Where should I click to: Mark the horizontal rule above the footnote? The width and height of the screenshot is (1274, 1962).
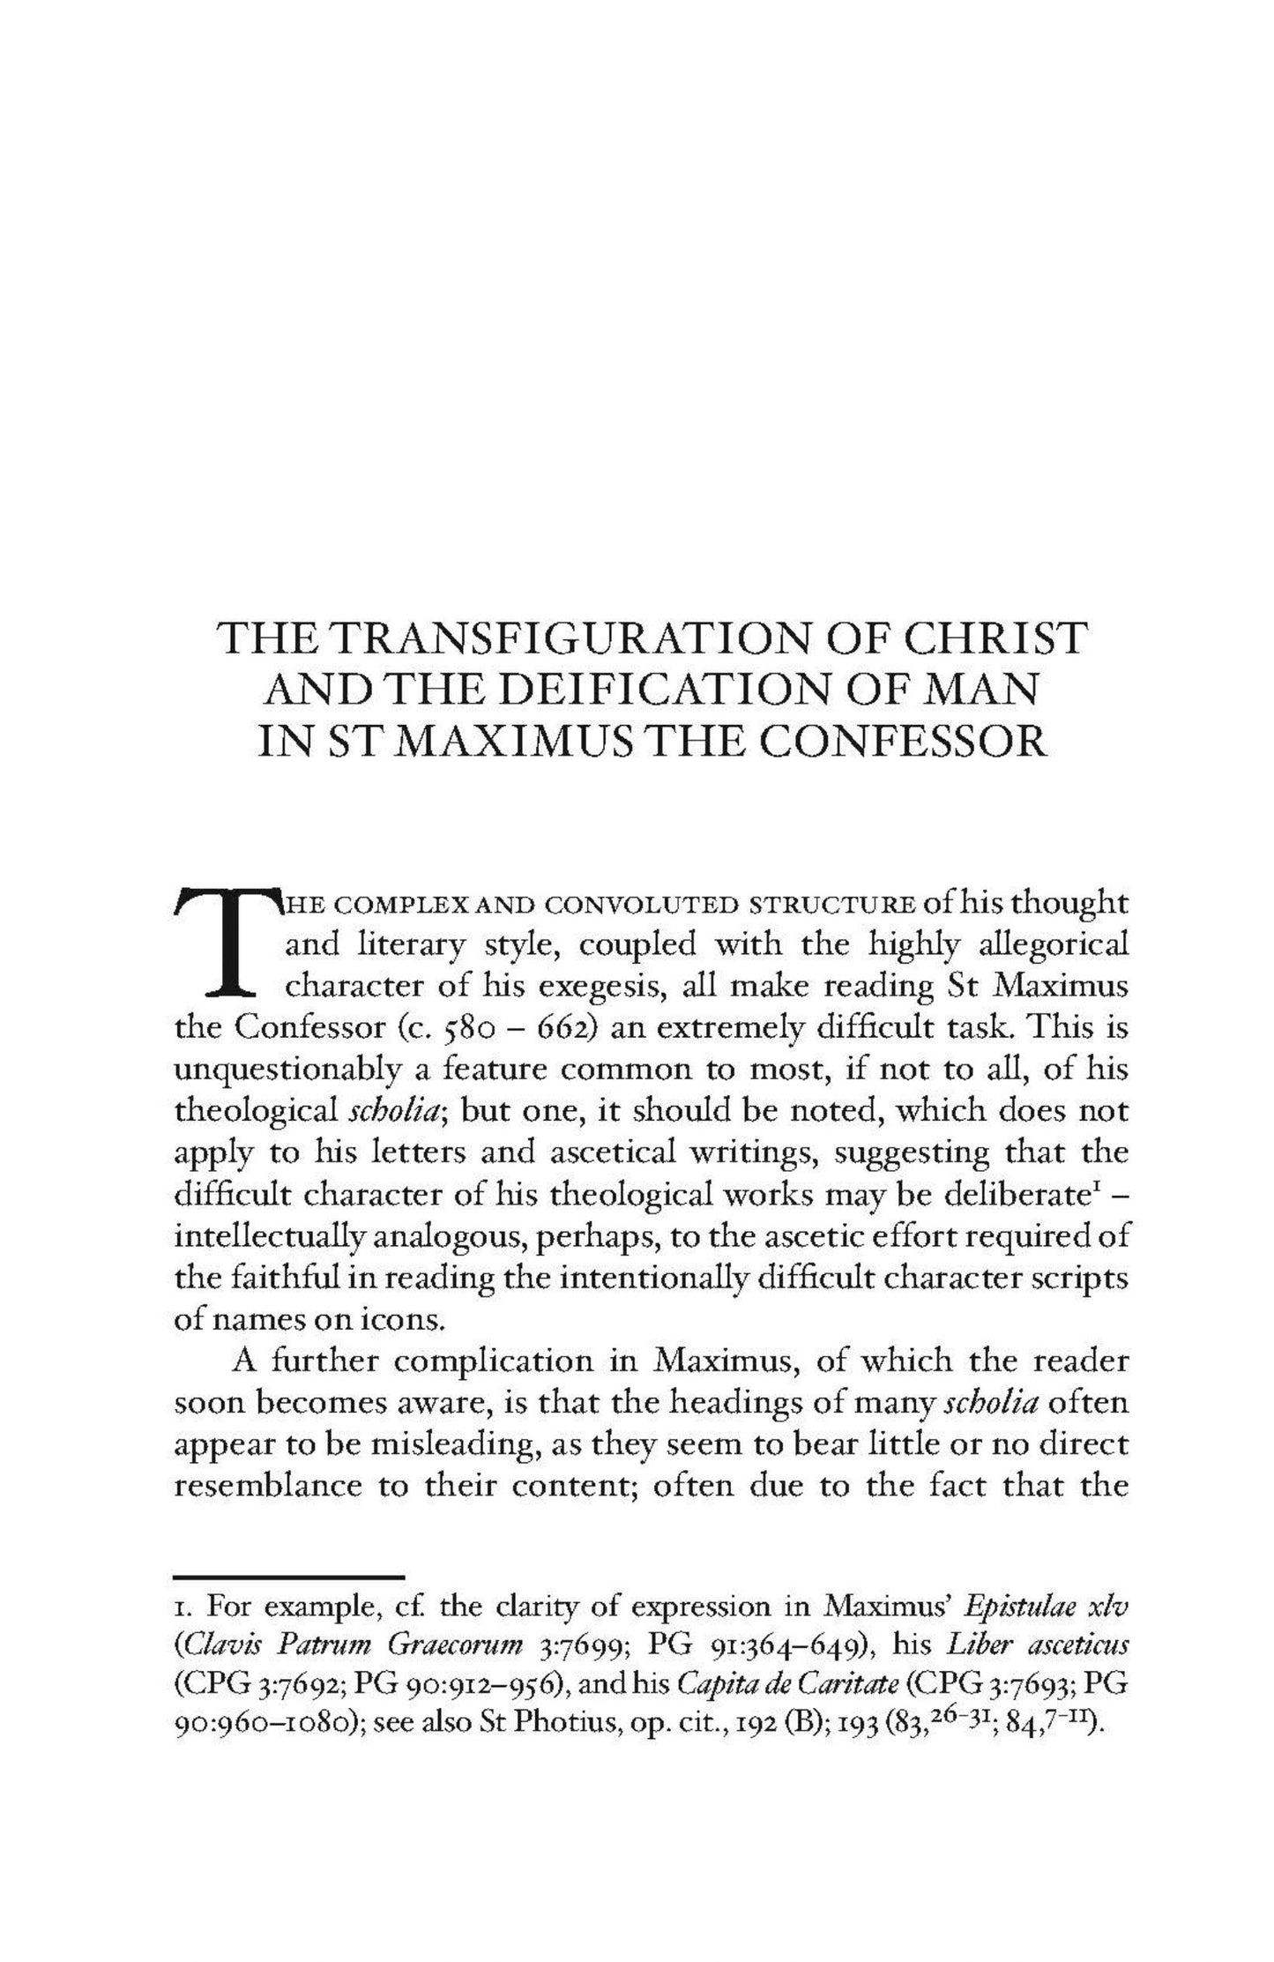pyautogui.click(x=289, y=1575)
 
